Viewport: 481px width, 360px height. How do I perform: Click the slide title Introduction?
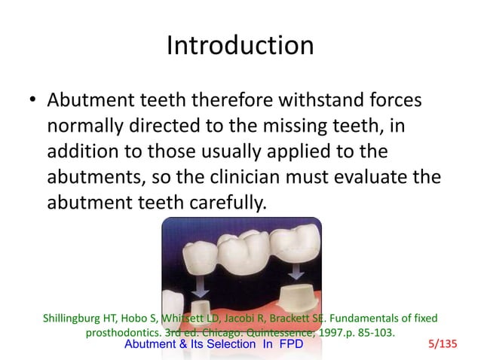pos(240,46)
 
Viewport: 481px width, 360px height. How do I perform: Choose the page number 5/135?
pos(442,345)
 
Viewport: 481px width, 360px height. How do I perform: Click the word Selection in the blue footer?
pos(221,345)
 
